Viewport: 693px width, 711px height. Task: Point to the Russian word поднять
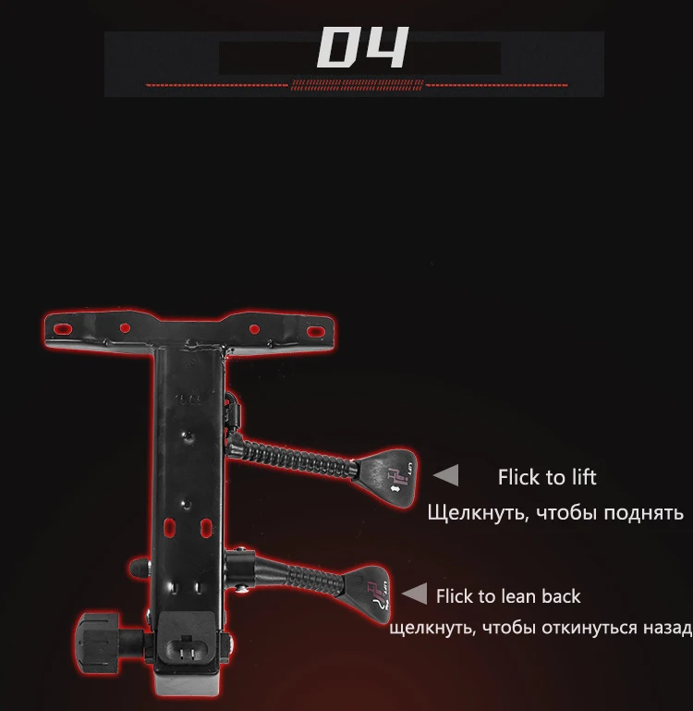tap(643, 512)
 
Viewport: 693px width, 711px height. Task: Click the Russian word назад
tap(668, 629)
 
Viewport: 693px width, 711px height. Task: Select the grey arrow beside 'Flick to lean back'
tap(416, 595)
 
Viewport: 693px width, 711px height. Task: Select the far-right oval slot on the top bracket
tap(315, 330)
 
